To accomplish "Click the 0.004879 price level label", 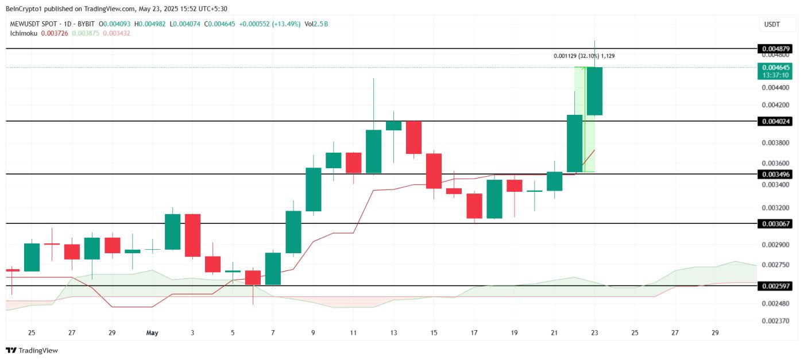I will pos(776,48).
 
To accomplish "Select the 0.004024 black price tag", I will pos(776,121).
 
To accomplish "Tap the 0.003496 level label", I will pos(776,174).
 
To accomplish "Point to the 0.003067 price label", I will pos(776,223).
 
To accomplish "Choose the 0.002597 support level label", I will pos(776,285).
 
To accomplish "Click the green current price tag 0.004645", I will pos(776,67).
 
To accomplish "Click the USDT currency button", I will pos(771,24).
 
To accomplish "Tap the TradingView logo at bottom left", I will pos(32,350).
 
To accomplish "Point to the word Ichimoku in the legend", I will pos(24,33).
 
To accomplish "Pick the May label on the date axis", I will pos(152,333).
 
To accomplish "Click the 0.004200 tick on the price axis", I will pos(776,105).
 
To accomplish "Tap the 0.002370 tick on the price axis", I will pos(776,321).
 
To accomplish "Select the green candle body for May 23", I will pos(594,91).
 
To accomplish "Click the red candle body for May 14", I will pos(414,137).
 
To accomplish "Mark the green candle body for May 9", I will pos(314,189).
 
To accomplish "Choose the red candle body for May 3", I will pos(192,235).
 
